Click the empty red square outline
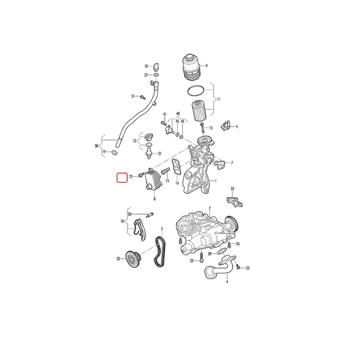122,177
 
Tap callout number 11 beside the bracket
218,99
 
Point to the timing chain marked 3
160,252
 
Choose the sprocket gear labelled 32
133,259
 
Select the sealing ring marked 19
114,152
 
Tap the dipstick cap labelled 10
156,66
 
